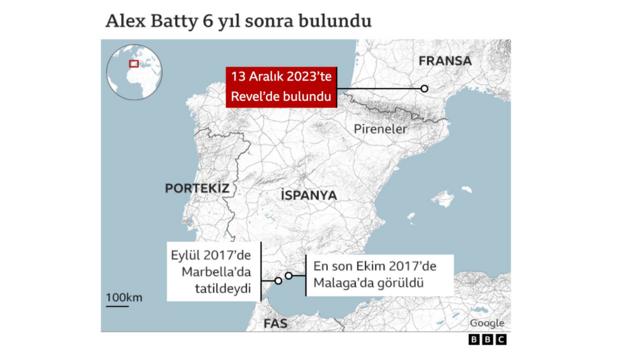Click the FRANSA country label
click(445, 59)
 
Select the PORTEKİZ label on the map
click(198, 188)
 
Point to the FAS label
click(275, 324)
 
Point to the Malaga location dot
click(289, 276)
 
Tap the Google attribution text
click(486, 322)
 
